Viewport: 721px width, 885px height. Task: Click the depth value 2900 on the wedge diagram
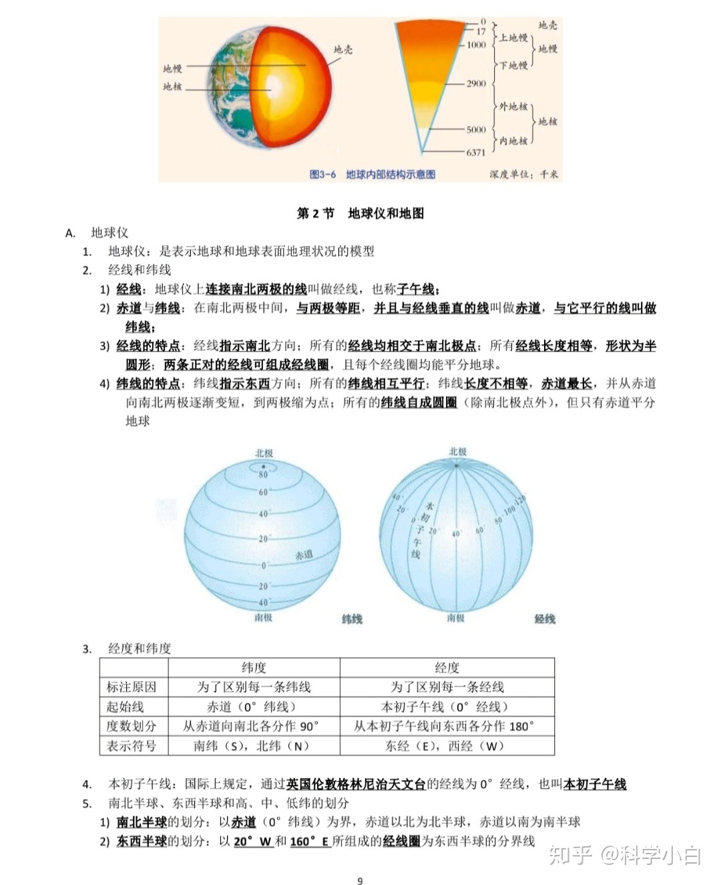tap(476, 84)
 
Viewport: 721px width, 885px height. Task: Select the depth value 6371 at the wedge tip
tap(476, 152)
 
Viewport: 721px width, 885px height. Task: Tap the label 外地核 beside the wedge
tap(513, 106)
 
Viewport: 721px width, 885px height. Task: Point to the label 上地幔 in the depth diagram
tap(513, 37)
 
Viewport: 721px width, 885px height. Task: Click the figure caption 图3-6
tap(322, 174)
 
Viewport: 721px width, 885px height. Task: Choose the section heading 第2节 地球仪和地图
tap(360, 213)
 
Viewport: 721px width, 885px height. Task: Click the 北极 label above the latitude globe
tap(264, 453)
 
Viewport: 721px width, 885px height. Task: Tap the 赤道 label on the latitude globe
tap(304, 555)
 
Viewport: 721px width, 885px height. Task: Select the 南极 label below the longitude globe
tap(456, 618)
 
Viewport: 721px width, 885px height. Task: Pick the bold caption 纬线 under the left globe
tap(352, 619)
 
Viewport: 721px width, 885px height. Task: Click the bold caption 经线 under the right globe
tap(545, 619)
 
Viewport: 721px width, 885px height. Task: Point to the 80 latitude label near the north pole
tap(263, 475)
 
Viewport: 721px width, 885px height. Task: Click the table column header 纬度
tap(254, 667)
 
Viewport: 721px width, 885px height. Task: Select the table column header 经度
tap(447, 667)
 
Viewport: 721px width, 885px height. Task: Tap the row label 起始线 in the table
tap(125, 707)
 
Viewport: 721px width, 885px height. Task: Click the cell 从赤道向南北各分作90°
tap(252, 726)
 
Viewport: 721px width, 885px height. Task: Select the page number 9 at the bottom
tap(360, 880)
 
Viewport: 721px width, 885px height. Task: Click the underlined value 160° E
tap(310, 841)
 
